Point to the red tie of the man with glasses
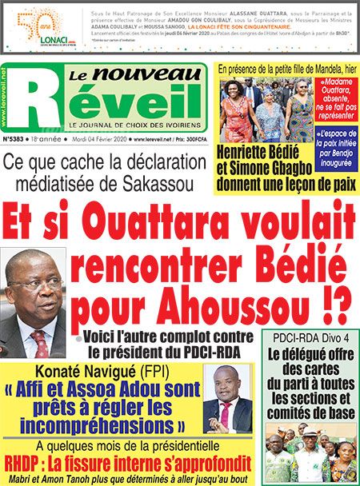[x=40, y=344]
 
